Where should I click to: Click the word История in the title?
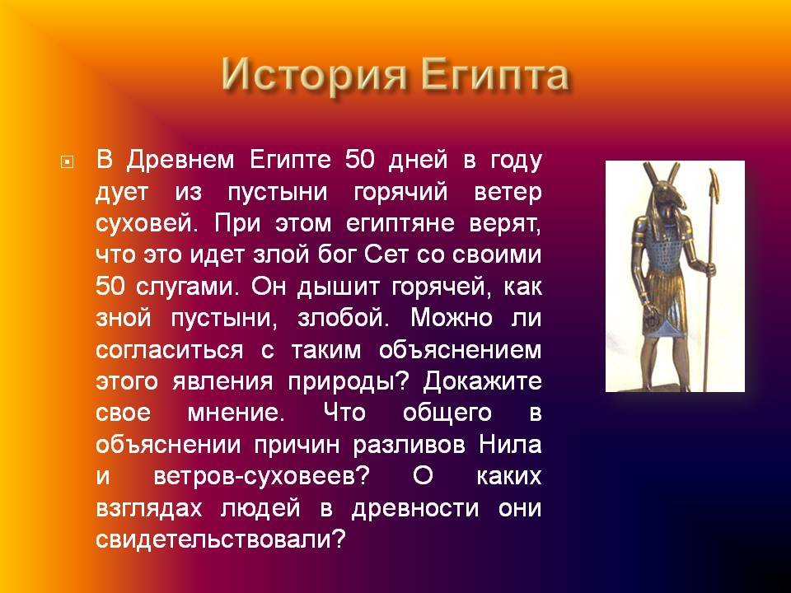point(314,75)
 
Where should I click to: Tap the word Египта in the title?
point(495,76)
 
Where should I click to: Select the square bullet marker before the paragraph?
point(67,162)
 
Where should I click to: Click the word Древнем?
point(180,161)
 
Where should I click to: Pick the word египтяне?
point(400,224)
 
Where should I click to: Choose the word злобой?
point(343,318)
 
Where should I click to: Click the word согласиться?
point(169,350)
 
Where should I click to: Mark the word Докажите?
point(482,382)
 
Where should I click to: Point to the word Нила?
point(509,445)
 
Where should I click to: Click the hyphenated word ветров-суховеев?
point(262,477)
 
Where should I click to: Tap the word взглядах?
point(149,509)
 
